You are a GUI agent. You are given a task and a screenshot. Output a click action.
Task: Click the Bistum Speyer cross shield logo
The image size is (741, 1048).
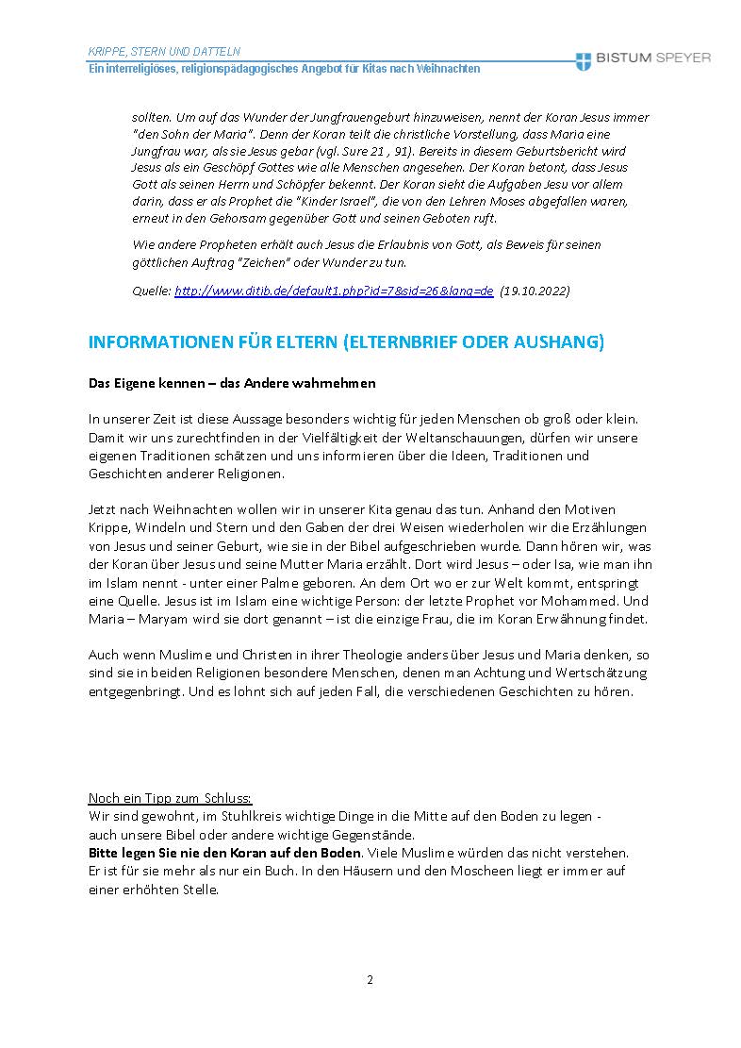585,58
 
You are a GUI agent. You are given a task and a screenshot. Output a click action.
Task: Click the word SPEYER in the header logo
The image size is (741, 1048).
678,58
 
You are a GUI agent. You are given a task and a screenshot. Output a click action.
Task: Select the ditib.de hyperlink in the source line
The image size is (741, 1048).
334,291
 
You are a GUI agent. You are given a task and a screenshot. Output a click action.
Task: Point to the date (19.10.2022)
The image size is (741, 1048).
535,291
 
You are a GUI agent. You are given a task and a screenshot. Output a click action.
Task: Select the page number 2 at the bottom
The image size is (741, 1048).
370,979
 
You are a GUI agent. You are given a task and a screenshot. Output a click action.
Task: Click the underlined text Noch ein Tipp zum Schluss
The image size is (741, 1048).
170,796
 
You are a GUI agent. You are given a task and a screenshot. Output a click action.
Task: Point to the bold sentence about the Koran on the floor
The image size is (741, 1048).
224,853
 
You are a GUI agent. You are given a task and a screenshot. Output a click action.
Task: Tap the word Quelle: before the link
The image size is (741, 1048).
152,291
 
